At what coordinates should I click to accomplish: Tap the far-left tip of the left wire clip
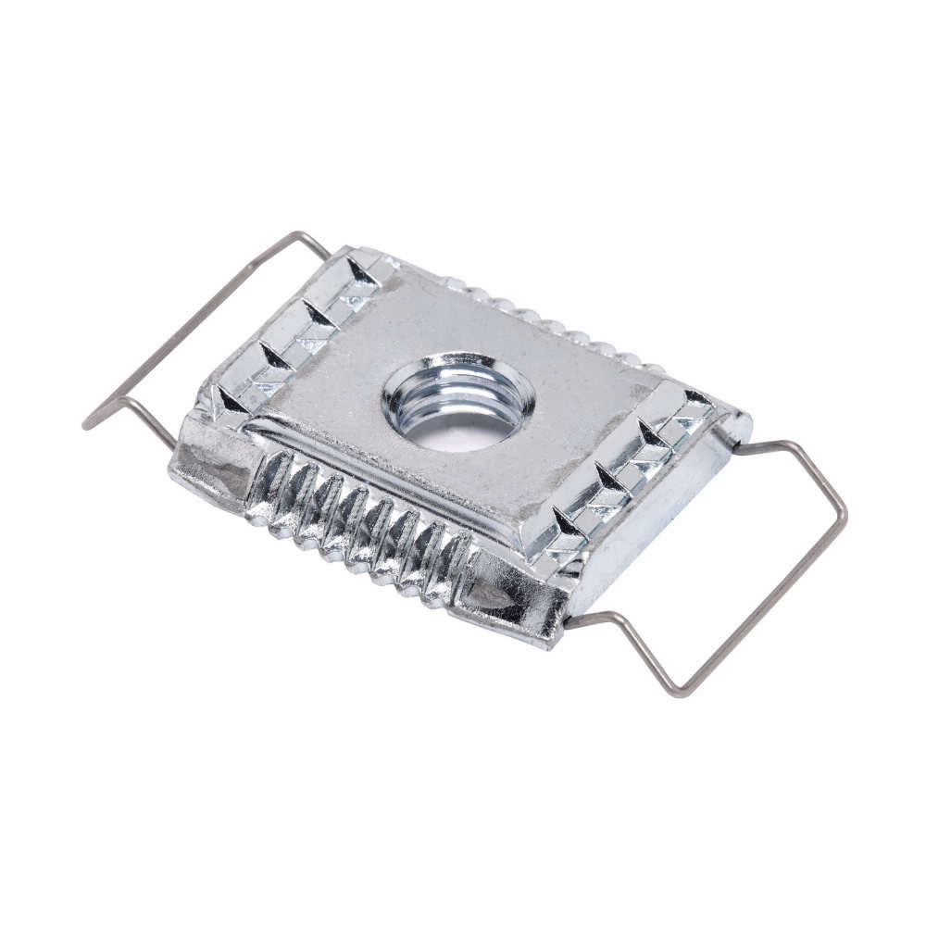[x=87, y=426]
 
